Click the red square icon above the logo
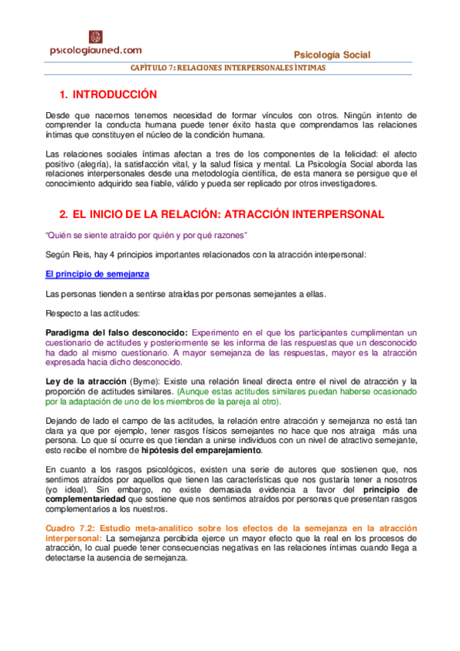click(x=95, y=36)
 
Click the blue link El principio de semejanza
click(x=98, y=274)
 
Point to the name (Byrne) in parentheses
click(x=145, y=382)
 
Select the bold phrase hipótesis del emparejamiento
click(x=207, y=450)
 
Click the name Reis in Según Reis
click(x=82, y=254)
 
